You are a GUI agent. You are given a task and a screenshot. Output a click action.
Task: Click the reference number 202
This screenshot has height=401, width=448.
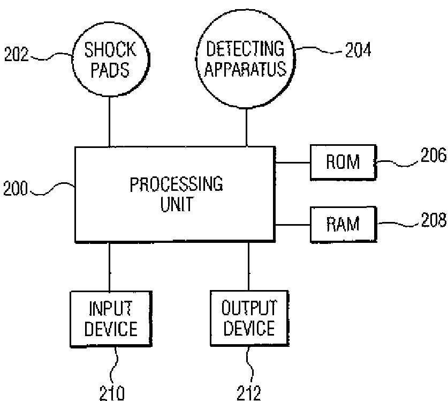[16, 54]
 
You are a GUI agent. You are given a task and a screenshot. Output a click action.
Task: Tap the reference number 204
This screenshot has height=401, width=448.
[358, 50]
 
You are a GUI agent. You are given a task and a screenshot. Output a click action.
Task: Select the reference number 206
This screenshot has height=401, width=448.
[433, 155]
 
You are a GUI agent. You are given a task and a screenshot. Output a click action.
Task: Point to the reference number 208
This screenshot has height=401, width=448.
[434, 220]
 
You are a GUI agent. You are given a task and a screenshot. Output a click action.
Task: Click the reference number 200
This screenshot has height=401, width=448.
[16, 188]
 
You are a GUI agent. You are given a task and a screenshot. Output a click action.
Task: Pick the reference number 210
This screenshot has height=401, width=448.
[112, 393]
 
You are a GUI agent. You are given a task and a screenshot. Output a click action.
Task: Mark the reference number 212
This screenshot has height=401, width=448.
[249, 393]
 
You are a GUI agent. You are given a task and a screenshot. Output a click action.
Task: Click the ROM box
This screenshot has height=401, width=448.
[343, 162]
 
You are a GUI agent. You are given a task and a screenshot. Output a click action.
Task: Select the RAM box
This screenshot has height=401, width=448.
[343, 225]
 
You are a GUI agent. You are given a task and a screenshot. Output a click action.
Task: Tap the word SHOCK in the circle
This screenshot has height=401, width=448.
[110, 50]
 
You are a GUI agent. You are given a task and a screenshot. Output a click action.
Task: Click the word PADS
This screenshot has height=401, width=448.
[110, 70]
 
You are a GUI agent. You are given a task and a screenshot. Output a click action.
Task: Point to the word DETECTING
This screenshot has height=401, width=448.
[245, 49]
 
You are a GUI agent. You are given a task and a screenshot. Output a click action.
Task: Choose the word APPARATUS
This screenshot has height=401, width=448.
[245, 69]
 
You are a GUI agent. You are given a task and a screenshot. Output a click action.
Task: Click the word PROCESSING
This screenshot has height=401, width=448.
[176, 184]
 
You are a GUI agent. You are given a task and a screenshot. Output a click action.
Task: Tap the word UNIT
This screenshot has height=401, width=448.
[177, 204]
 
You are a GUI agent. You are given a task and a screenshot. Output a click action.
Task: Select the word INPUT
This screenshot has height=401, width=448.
[111, 308]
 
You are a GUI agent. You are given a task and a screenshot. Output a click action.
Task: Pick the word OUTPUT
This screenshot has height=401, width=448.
[249, 308]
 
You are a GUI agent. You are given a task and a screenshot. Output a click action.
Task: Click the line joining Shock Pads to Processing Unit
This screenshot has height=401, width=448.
[109, 122]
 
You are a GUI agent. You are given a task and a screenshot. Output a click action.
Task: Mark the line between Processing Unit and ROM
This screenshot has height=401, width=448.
[293, 162]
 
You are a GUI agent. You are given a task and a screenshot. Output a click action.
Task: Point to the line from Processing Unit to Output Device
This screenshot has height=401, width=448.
[248, 266]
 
